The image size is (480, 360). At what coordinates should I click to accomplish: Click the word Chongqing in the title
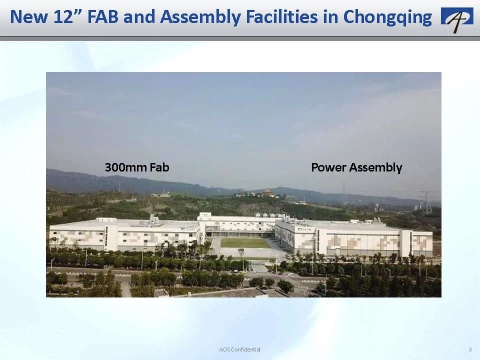point(387,17)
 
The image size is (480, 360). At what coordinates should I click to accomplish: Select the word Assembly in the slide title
point(200,17)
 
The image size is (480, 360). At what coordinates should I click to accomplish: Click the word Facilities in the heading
point(281,16)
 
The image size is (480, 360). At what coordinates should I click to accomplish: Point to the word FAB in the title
point(103,16)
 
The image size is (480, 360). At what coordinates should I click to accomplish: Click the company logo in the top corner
point(457,20)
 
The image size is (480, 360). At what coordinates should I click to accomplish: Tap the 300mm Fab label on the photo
point(137,167)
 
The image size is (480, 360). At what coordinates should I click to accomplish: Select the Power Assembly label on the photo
point(356,168)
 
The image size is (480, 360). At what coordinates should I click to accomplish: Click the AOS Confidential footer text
point(239,349)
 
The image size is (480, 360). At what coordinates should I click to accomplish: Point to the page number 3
point(470,349)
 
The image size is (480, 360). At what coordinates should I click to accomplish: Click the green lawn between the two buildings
point(244,243)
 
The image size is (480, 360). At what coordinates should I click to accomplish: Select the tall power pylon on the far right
point(427,202)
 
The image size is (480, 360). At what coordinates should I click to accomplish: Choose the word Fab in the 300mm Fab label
point(159,167)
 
